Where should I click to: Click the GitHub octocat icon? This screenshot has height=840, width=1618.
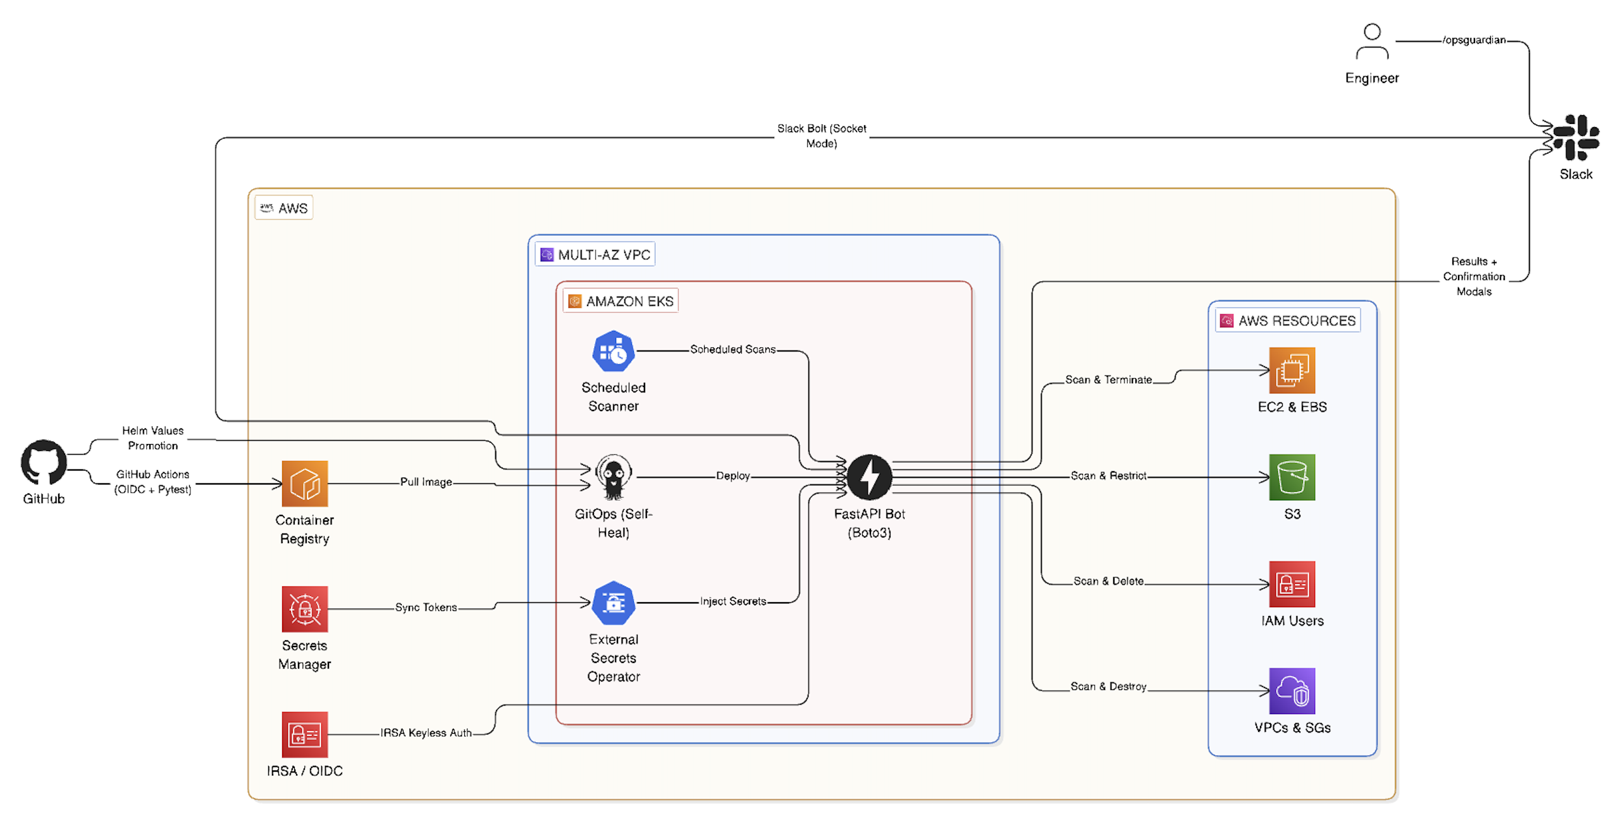(44, 463)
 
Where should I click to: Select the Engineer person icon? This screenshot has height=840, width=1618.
(1371, 42)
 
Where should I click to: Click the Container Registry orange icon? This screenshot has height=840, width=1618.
(304, 483)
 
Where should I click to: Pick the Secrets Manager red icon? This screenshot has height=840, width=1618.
(304, 608)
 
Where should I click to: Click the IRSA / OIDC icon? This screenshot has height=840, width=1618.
(304, 734)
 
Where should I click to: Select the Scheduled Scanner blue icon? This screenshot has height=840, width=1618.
(612, 351)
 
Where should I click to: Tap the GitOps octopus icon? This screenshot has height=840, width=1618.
(612, 476)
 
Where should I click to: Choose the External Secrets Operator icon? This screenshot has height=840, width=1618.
(612, 602)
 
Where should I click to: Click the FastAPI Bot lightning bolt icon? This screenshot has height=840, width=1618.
(868, 476)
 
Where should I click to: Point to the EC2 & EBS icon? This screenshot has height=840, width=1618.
(1291, 370)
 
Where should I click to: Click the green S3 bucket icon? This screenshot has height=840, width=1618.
(1291, 476)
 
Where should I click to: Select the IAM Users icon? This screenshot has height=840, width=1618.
(1291, 583)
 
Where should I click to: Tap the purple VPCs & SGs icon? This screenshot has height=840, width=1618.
(1291, 690)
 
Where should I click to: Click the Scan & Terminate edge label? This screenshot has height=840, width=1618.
(1108, 380)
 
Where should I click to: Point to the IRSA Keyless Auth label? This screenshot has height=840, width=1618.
(425, 732)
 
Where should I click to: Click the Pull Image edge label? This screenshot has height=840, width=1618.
(425, 481)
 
